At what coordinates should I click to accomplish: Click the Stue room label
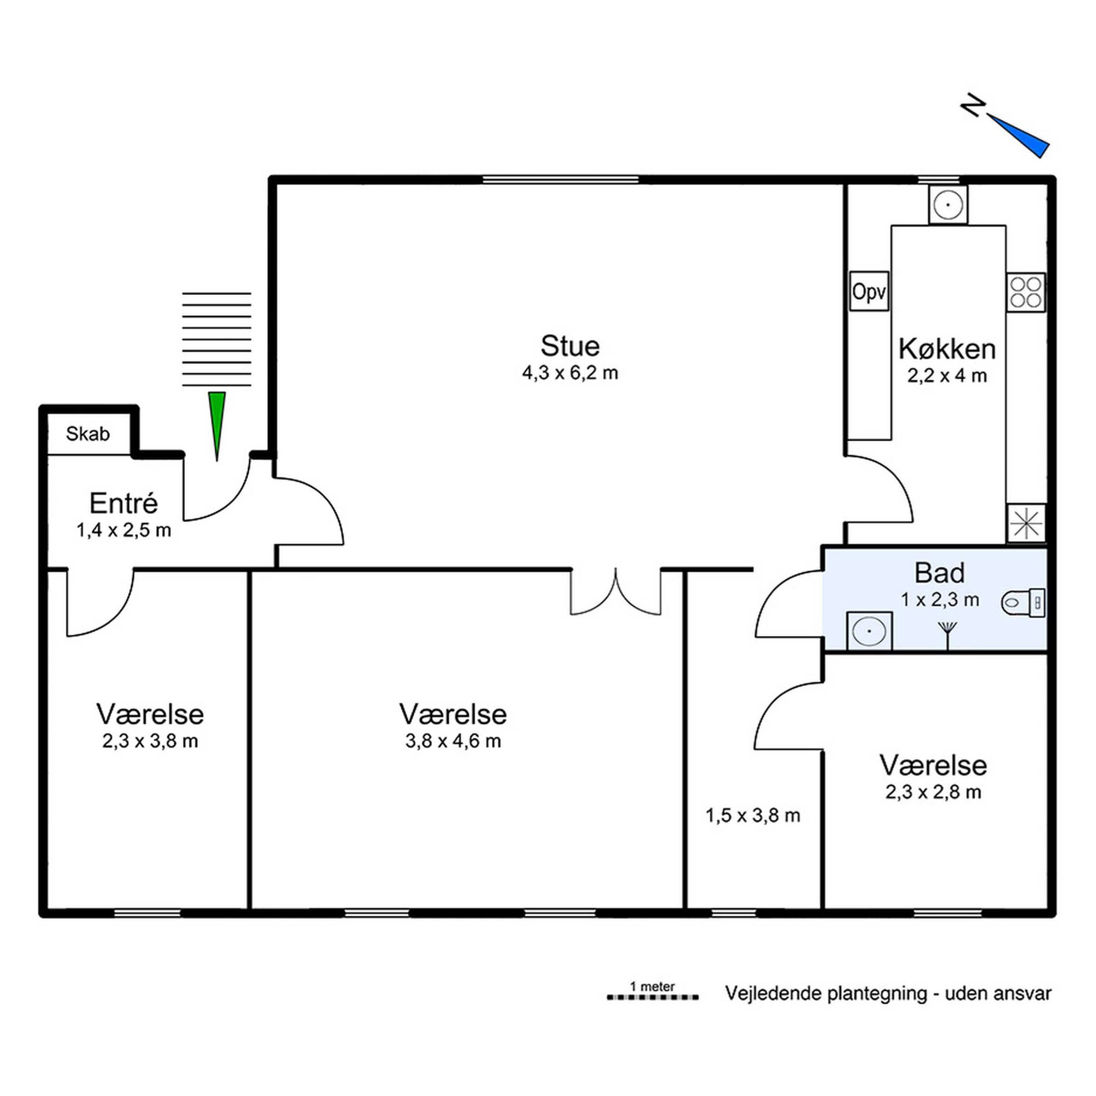569,345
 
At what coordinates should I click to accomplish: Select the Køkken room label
947,349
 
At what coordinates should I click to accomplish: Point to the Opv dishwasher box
869,291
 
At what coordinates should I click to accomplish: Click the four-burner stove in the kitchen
1026,292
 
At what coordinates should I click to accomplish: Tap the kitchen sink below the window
948,204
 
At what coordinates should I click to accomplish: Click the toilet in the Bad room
1023,602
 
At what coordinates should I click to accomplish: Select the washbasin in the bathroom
869,631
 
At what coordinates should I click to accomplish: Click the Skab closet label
87,434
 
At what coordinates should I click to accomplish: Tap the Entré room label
123,503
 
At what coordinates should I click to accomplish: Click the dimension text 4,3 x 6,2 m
569,373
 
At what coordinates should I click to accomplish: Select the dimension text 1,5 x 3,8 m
753,816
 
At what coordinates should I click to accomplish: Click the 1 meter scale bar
652,997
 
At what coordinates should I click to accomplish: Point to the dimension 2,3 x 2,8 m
933,792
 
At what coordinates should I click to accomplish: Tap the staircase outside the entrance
216,339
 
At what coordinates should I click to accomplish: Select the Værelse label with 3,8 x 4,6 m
453,714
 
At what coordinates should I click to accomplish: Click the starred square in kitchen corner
1026,522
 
